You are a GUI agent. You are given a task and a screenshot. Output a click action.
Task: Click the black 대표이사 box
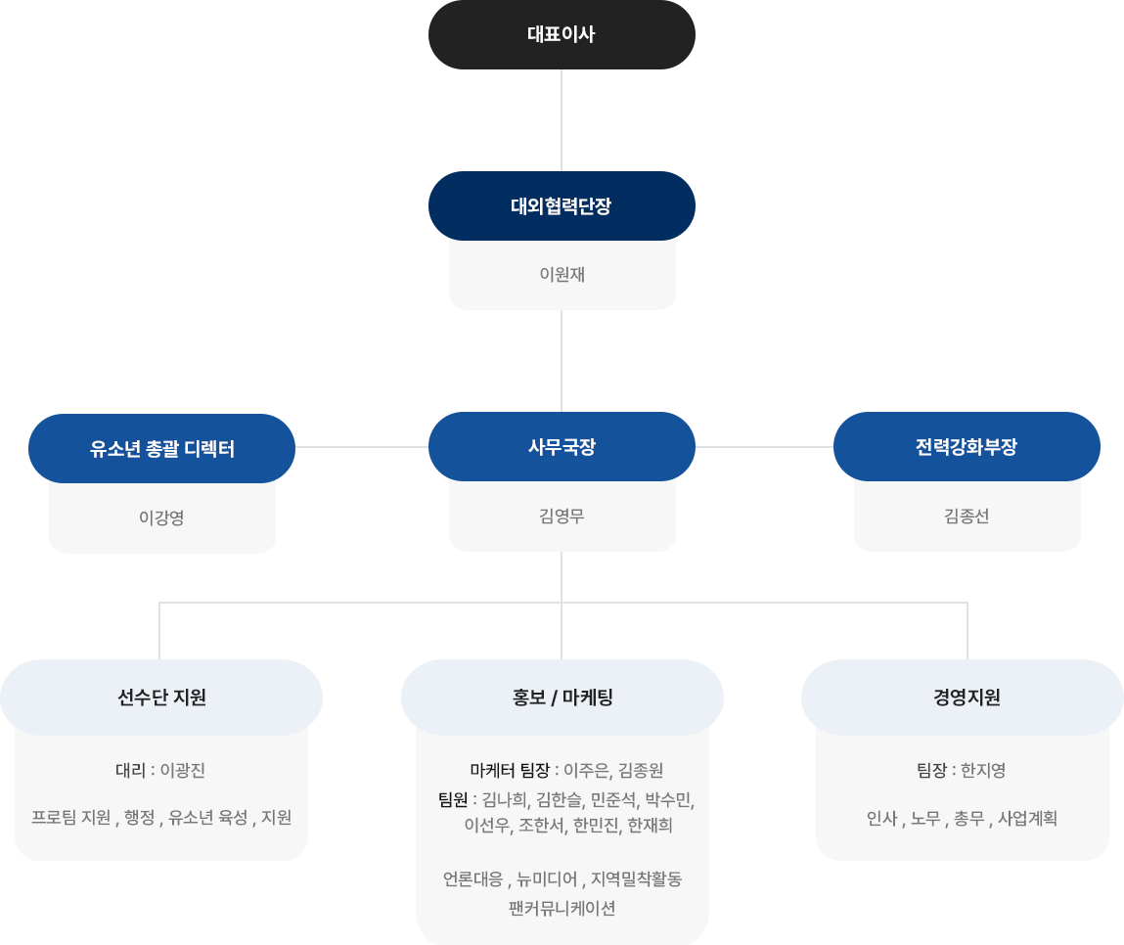coord(561,35)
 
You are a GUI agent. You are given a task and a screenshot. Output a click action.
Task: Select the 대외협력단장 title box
coord(561,206)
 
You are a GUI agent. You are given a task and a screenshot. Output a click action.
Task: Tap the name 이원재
coord(562,275)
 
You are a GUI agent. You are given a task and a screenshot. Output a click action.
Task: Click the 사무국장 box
coord(561,446)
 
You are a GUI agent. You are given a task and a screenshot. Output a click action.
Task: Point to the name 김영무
coord(562,516)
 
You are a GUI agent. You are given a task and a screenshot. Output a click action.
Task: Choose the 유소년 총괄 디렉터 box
coord(161,449)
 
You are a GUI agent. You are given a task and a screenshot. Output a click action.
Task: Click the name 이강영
coord(161,517)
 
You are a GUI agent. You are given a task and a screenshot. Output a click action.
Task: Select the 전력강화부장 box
coord(967,446)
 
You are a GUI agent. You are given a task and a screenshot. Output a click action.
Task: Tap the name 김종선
coord(967,516)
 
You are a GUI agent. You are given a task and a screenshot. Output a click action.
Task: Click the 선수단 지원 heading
coord(161,697)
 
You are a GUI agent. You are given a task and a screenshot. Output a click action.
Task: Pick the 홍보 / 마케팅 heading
coord(562,697)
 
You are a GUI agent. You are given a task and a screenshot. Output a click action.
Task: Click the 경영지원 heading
coord(967,697)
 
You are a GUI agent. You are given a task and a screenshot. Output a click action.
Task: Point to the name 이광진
coord(182,770)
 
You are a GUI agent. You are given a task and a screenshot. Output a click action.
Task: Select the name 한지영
coord(983,770)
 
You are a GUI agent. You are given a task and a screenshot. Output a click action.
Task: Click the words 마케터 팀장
coord(509,770)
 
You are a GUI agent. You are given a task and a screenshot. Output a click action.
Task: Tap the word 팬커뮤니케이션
coord(562,908)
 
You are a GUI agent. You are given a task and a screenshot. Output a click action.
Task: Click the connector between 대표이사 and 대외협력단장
coord(562,120)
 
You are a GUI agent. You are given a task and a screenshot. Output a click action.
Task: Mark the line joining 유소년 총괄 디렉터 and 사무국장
coord(361,446)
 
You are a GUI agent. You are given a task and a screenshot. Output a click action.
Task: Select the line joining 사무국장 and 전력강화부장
coord(764,446)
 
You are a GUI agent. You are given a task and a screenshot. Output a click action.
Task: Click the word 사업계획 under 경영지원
coord(1027,818)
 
